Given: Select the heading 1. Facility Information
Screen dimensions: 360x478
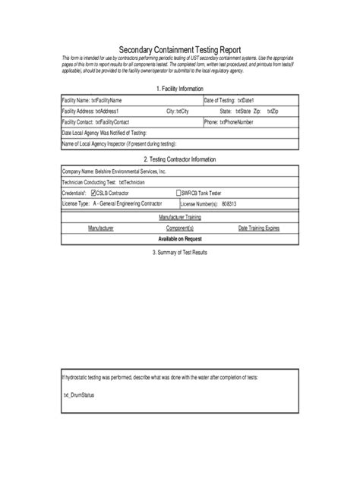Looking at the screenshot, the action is pyautogui.click(x=180, y=89).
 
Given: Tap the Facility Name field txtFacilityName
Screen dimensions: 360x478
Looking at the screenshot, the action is pyautogui.click(x=106, y=100).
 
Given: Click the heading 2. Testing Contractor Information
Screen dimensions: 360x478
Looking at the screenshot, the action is pyautogui.click(x=180, y=159).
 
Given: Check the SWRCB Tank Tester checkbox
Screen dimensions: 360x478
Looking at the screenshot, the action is pyautogui.click(x=179, y=193).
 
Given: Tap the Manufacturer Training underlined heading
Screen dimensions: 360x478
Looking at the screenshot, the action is pyautogui.click(x=180, y=217).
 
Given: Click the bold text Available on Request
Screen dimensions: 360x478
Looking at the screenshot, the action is pyautogui.click(x=180, y=238).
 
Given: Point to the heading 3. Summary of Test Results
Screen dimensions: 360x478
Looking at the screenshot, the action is pyautogui.click(x=180, y=252).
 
